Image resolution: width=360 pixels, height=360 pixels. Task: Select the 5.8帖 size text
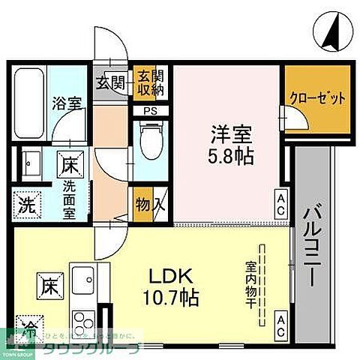(229, 156)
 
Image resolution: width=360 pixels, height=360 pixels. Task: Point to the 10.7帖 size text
(173, 298)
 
